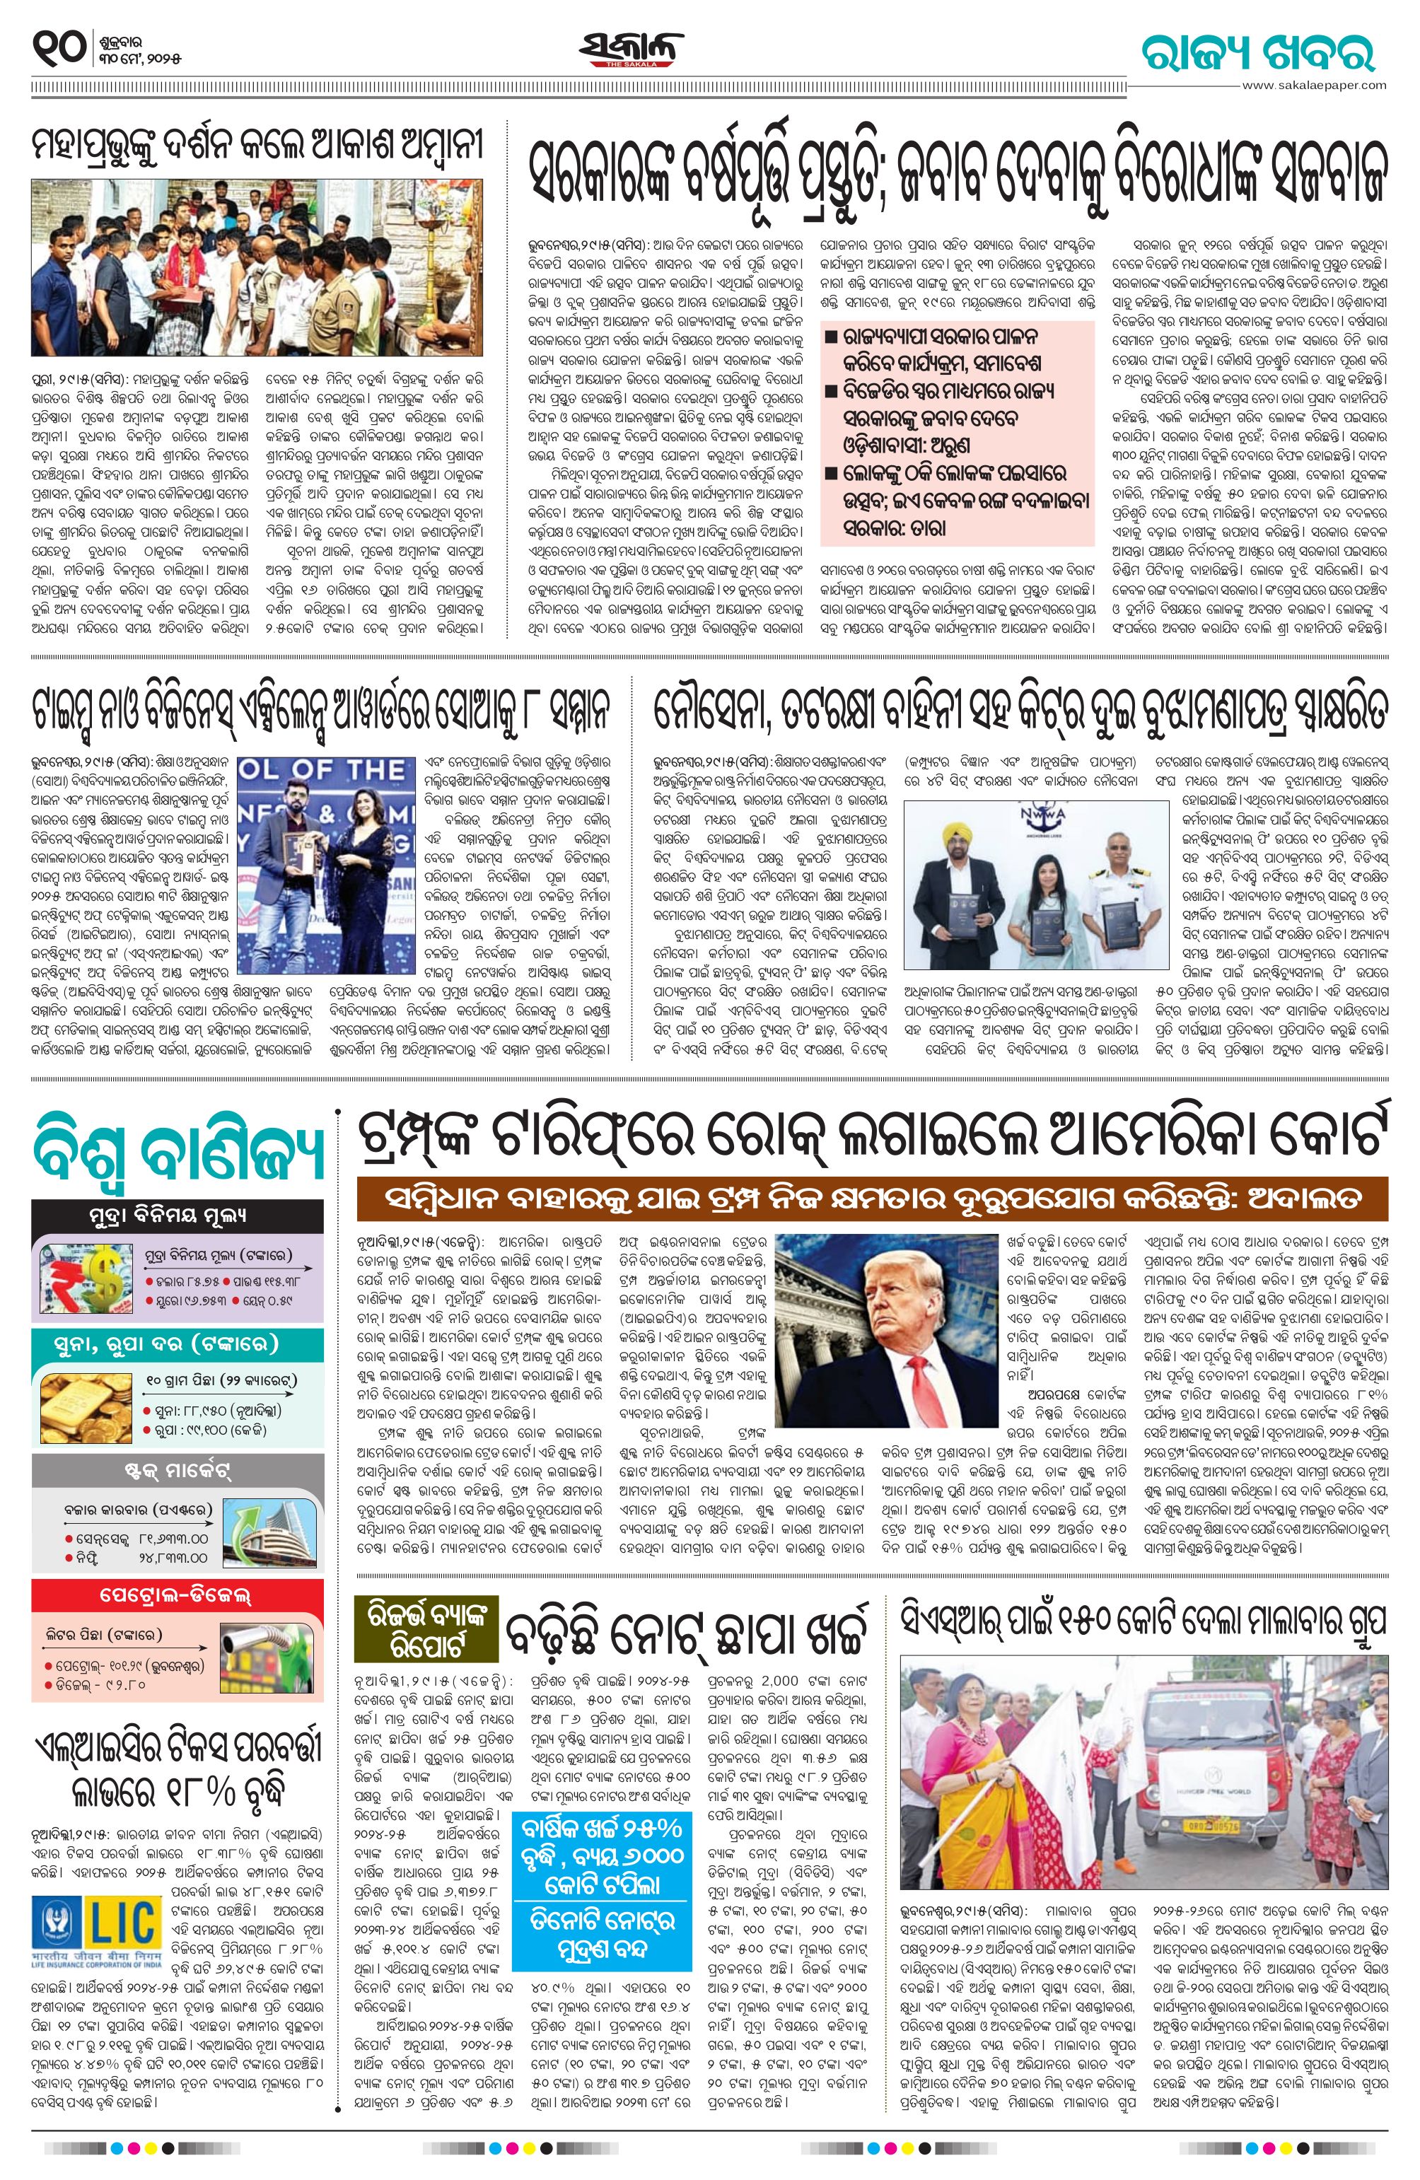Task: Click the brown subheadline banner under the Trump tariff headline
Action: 872,1200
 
